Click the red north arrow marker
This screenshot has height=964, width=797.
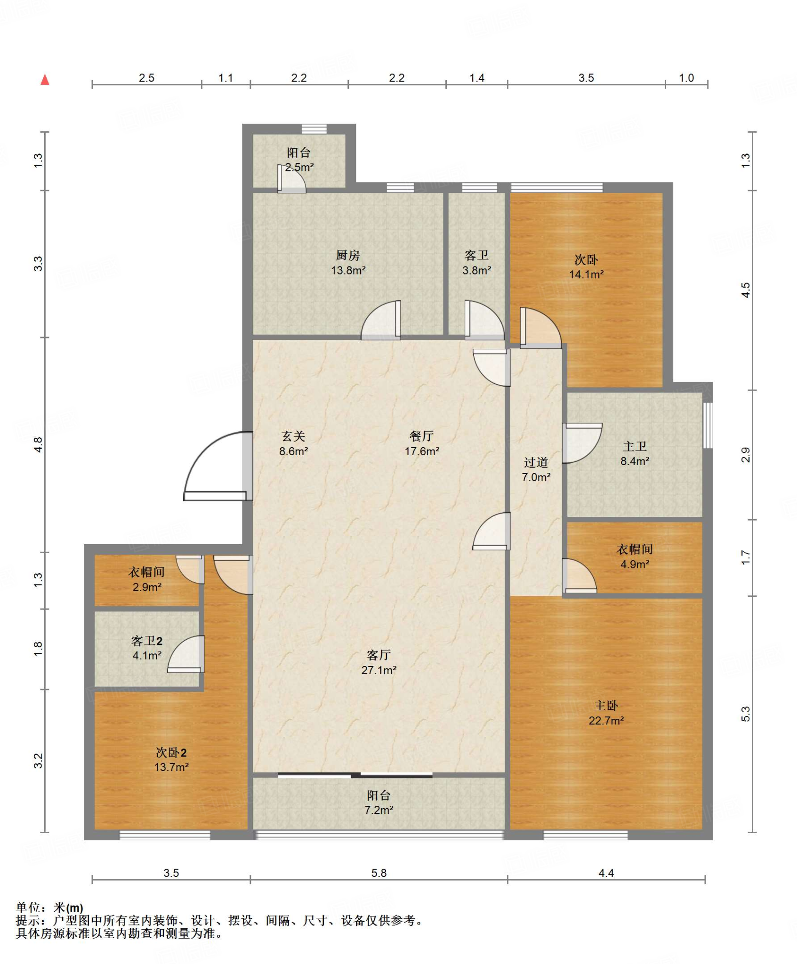tap(45, 80)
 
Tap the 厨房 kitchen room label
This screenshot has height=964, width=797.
tap(348, 255)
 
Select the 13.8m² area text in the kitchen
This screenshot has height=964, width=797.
tap(348, 270)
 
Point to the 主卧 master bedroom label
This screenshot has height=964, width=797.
tap(606, 705)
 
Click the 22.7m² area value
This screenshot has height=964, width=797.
tap(606, 720)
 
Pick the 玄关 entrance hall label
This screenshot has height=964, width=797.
tap(293, 436)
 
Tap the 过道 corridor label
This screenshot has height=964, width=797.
tap(536, 462)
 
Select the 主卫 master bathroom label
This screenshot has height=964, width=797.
tap(635, 446)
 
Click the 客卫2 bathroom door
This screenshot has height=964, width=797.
tap(186, 653)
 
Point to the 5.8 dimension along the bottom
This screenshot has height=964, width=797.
tap(378, 873)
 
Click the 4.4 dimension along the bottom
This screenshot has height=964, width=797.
tap(606, 873)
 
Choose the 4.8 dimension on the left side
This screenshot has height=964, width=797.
tap(38, 444)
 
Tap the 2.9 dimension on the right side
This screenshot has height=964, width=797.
tap(746, 455)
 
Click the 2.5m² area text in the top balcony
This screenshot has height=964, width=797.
tap(299, 167)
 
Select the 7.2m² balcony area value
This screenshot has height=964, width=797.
tap(379, 810)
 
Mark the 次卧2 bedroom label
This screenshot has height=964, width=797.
tap(171, 753)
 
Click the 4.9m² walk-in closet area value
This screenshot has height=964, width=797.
tap(635, 564)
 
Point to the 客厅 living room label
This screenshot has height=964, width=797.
tap(378, 655)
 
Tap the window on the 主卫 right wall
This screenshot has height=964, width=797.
tap(708, 425)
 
